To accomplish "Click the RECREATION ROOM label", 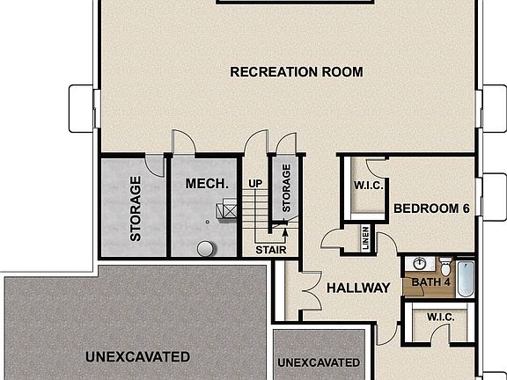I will pyautogui.click(x=296, y=72).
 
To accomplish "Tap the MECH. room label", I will pyautogui.click(x=207, y=185).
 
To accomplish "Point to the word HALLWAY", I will pyautogui.click(x=358, y=288).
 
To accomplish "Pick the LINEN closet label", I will pyautogui.click(x=365, y=238).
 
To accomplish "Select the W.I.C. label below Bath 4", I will pyautogui.click(x=439, y=317).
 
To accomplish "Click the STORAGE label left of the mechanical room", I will pyautogui.click(x=136, y=209).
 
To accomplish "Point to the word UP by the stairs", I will pyautogui.click(x=256, y=184).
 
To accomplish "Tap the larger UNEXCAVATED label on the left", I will pyautogui.click(x=137, y=356).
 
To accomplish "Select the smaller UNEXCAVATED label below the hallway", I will pyautogui.click(x=318, y=362).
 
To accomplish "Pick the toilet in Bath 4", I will pyautogui.click(x=445, y=266).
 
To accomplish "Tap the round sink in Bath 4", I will pyautogui.click(x=420, y=265).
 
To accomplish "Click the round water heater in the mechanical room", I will pyautogui.click(x=206, y=248).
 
